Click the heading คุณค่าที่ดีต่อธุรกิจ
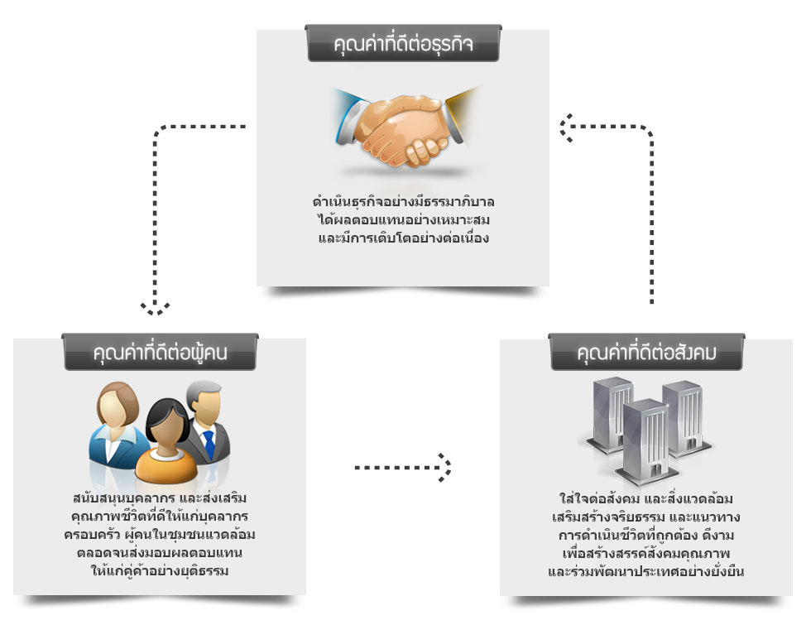pyautogui.click(x=403, y=44)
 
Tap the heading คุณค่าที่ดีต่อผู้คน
pyautogui.click(x=160, y=353)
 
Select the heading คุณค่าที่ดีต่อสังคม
pyautogui.click(x=646, y=353)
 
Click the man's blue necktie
pyautogui.click(x=209, y=445)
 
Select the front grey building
pyautogui.click(x=646, y=442)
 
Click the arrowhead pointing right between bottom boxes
pyautogui.click(x=445, y=468)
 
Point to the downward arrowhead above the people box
pyautogui.click(x=156, y=308)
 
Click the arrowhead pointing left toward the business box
pyautogui.click(x=567, y=127)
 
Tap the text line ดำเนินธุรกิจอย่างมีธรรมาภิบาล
pyautogui.click(x=404, y=202)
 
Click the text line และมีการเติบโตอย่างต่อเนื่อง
pyautogui.click(x=404, y=238)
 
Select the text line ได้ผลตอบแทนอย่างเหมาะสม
pyautogui.click(x=404, y=219)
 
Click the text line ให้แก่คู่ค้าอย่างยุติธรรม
pyautogui.click(x=160, y=570)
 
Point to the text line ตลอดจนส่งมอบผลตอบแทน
pyautogui.click(x=160, y=552)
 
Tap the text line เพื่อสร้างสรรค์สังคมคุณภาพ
pyautogui.click(x=646, y=554)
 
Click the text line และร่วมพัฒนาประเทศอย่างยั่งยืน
pyautogui.click(x=646, y=571)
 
